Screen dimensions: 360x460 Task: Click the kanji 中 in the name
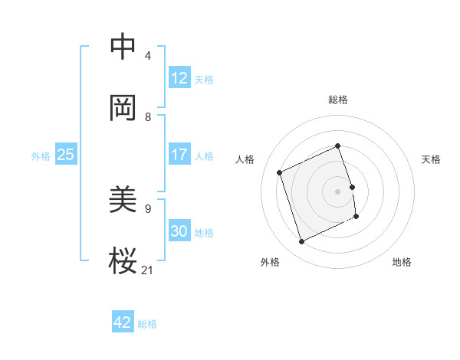[x=123, y=47]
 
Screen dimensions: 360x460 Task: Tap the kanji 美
[x=123, y=200]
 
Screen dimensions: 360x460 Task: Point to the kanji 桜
[x=123, y=261]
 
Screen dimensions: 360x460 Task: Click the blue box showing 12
[x=179, y=78]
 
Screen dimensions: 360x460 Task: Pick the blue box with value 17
[x=179, y=155]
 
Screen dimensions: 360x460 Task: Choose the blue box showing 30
[x=179, y=231]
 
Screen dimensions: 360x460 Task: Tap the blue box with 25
[x=65, y=155]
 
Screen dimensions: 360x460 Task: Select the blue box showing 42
[x=123, y=322]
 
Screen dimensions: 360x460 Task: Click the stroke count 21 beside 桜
[x=147, y=269]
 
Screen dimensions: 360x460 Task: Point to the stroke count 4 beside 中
[x=147, y=55]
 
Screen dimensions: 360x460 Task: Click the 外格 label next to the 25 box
[x=41, y=156]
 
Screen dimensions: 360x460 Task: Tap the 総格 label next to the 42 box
[x=147, y=324]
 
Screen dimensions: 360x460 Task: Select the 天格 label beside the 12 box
[x=204, y=80]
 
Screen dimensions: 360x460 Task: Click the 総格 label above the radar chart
[x=338, y=100]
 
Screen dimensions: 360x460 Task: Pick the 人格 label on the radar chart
[x=245, y=159]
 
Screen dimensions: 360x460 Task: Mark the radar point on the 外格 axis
[x=301, y=242]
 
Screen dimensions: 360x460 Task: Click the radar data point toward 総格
[x=338, y=146]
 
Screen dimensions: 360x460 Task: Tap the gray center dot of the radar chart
[x=338, y=191]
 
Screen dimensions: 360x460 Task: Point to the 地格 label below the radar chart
[x=402, y=262]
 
